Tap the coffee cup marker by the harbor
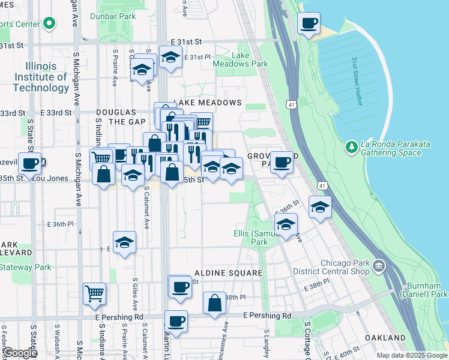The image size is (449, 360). coord(309,24)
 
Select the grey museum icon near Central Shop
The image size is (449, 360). coord(379,265)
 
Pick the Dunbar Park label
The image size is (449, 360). coord(113,16)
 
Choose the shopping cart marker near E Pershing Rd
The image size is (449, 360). coord(95,293)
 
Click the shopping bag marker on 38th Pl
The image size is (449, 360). coord(214,303)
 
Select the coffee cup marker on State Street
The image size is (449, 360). coord(29,163)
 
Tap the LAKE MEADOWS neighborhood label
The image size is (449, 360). coord(207,103)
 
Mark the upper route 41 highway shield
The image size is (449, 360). coord(291,104)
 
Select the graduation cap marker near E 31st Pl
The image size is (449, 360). coord(171,58)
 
